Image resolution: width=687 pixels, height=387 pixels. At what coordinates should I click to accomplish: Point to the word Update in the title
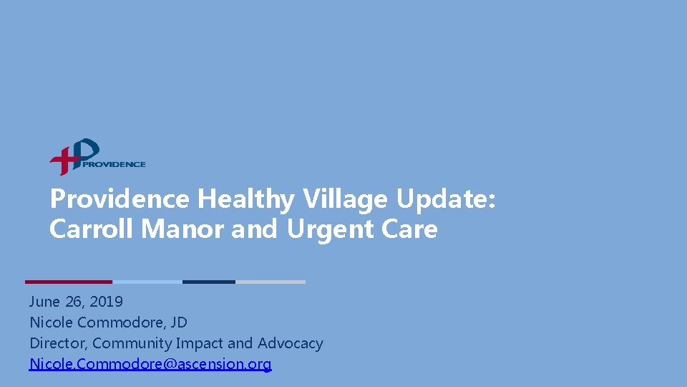pyautogui.click(x=444, y=199)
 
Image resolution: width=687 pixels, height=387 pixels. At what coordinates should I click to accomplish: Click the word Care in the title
pyautogui.click(x=410, y=229)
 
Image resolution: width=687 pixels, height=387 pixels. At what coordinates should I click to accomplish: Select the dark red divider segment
pyautogui.click(x=69, y=282)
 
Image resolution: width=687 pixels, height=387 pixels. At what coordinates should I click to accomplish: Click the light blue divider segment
pyautogui.click(x=147, y=282)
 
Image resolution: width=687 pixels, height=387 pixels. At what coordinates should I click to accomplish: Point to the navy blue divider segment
pyautogui.click(x=209, y=282)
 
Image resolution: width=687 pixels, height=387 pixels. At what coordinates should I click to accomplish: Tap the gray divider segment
pyautogui.click(x=271, y=282)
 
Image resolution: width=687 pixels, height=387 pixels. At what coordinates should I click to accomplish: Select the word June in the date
pyautogui.click(x=44, y=302)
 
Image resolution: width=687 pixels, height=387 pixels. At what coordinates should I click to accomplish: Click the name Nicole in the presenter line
pyautogui.click(x=49, y=322)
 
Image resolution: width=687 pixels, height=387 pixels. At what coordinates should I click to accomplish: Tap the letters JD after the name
pyautogui.click(x=178, y=322)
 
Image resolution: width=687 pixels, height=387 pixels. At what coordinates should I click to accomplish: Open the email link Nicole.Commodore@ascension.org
pyautogui.click(x=150, y=364)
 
